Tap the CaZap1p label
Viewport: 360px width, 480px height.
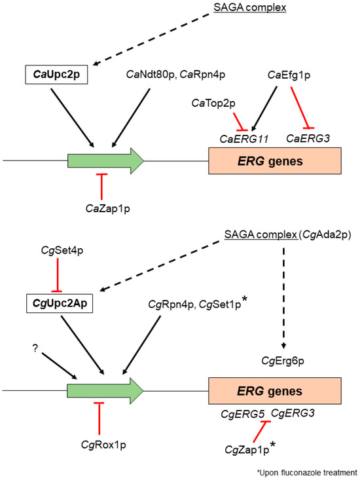[x=101, y=207]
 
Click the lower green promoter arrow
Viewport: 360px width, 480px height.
[x=105, y=392]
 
